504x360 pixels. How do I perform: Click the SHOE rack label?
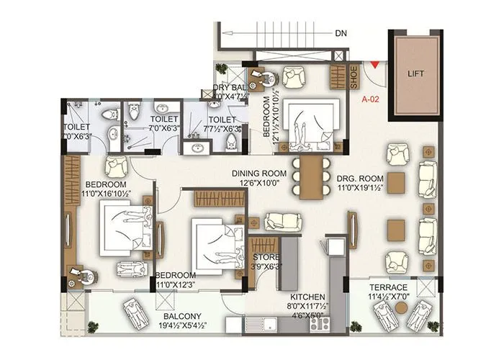pyautogui.click(x=354, y=78)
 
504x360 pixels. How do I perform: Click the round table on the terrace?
pyautogui.click(x=401, y=307)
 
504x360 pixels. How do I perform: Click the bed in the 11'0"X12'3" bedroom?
pyautogui.click(x=214, y=240)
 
